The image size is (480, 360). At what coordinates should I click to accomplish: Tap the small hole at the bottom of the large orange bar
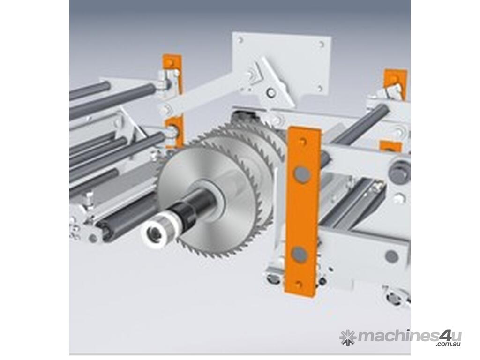(x=298, y=285)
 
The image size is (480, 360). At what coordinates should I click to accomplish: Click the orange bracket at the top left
(x=172, y=74)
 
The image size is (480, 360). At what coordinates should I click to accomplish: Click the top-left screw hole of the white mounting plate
(x=240, y=39)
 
